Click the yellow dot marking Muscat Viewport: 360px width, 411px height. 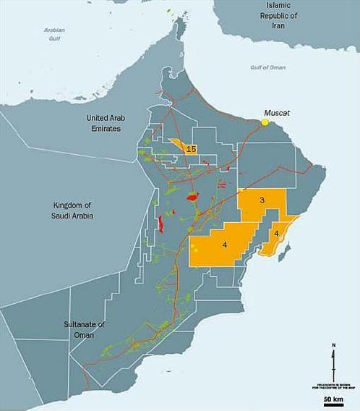coord(265,122)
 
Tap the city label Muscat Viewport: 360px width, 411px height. coord(276,112)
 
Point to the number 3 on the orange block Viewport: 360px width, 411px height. coord(262,200)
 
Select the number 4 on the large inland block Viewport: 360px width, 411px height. coord(225,246)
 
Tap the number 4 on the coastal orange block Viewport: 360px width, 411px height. coord(277,234)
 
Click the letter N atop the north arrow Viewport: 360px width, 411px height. coord(333,345)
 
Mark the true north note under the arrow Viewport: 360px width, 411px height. coord(333,386)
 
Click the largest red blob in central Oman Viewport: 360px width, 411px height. coord(192,196)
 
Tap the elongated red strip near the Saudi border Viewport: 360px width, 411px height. coord(160,225)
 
